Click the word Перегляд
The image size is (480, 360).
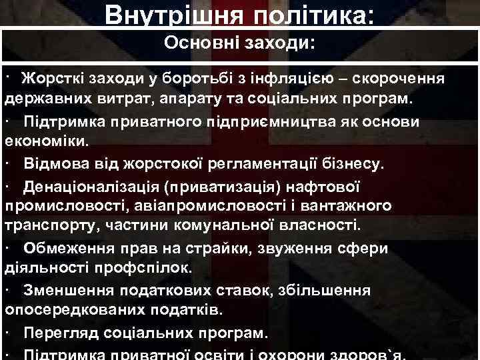pos(61,331)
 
